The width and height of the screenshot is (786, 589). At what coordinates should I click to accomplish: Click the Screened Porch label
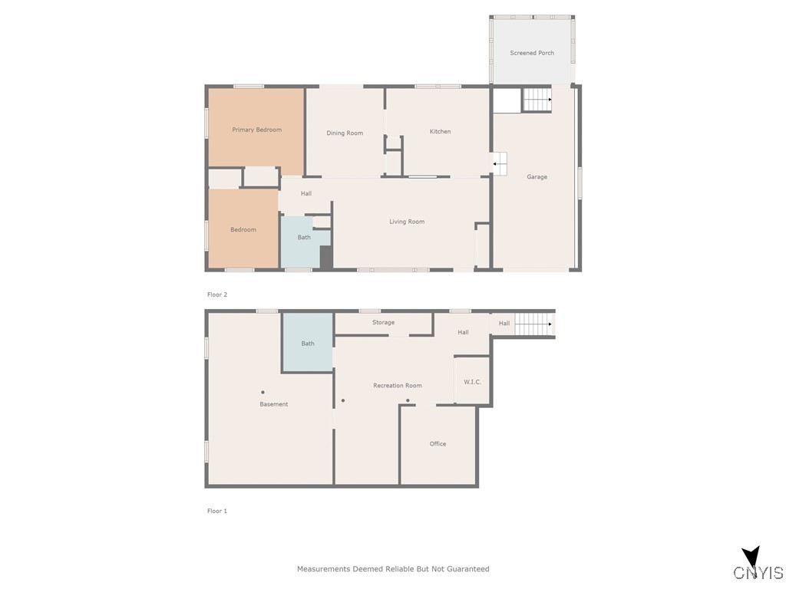[x=532, y=53]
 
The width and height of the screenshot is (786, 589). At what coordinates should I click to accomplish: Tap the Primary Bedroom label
[x=256, y=130]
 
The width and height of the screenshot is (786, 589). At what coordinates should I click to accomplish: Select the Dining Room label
[x=345, y=133]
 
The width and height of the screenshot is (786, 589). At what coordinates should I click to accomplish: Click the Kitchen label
[x=440, y=131]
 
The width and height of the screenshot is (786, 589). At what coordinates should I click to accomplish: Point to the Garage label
[x=537, y=177]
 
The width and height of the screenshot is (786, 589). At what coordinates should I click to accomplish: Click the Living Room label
[x=406, y=222]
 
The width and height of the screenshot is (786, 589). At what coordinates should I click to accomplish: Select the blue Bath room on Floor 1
[x=307, y=342]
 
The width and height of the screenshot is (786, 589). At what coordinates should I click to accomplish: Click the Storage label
[x=383, y=323]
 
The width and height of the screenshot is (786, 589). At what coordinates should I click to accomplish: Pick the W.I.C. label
[x=472, y=382]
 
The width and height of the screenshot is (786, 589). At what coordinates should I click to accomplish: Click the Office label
[x=438, y=444]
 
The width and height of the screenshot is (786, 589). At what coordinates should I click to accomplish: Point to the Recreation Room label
[x=397, y=386]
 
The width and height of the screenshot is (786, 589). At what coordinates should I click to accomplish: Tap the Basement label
[x=273, y=404]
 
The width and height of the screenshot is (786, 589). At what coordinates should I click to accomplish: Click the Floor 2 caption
[x=217, y=294]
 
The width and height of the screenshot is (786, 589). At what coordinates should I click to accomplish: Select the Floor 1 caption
[x=217, y=511]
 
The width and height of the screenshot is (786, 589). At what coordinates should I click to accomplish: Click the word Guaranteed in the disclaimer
[x=464, y=569]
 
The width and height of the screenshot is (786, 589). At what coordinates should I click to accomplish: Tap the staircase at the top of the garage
[x=537, y=100]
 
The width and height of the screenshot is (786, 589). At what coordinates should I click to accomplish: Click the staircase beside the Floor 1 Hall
[x=533, y=324]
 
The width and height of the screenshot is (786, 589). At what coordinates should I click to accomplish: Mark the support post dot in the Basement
[x=263, y=392]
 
